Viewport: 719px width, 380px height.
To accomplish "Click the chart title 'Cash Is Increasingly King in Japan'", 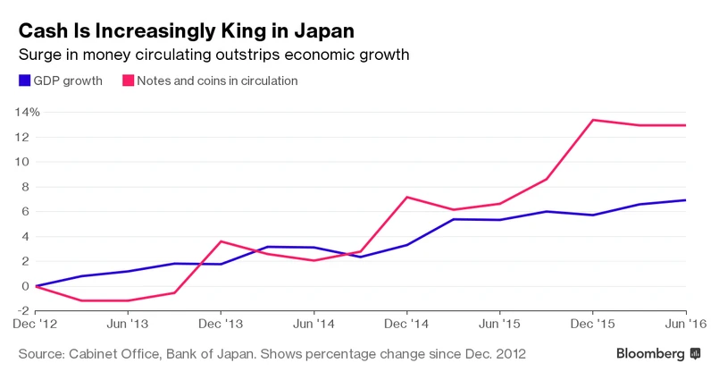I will (x=187, y=30).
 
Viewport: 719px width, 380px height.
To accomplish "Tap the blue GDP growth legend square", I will (x=23, y=80).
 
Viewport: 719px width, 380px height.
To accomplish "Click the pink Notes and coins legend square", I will (x=127, y=80).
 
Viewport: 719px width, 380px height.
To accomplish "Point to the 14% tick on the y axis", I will (x=26, y=112).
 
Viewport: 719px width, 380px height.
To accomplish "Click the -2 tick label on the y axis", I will (x=29, y=311).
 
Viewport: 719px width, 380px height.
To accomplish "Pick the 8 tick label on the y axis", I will (x=33, y=187).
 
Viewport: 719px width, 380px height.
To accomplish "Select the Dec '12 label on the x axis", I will (x=36, y=322).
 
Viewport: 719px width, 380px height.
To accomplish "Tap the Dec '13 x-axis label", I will (x=222, y=322).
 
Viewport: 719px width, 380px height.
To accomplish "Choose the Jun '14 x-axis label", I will (x=314, y=322).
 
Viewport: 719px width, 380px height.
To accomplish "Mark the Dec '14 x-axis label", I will (x=407, y=322).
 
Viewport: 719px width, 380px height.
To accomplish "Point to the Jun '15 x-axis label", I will (x=500, y=322).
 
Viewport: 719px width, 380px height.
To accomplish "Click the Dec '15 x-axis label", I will (x=593, y=322).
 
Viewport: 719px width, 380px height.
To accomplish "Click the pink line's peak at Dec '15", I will (x=593, y=120).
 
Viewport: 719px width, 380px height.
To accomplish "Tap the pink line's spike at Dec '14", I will (x=407, y=197).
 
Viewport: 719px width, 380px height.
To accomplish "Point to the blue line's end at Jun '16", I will (x=685, y=200).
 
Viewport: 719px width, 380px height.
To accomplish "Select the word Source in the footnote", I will (x=41, y=354).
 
